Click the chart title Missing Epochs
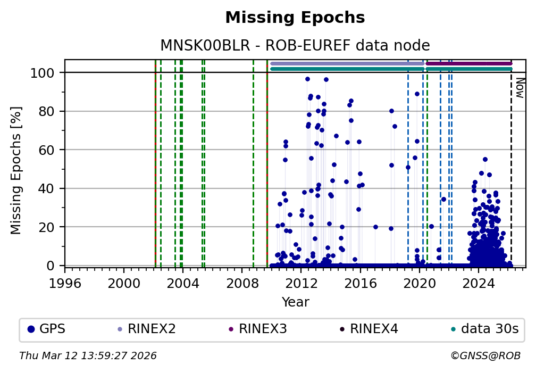[295, 18]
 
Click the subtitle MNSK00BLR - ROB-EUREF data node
[295, 45]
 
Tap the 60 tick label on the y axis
[53, 150]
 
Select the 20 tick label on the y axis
[53, 227]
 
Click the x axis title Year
[295, 302]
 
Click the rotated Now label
[520, 88]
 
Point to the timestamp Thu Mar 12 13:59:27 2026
[88, 356]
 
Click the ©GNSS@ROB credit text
[485, 356]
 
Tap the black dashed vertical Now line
[511, 170]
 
